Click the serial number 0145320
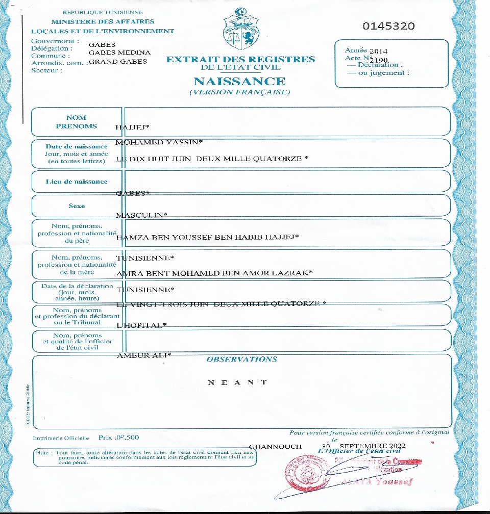coord(388,27)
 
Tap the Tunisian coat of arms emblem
coord(240,29)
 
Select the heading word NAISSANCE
coord(239,81)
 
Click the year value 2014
coord(378,51)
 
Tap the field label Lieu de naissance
coord(77,182)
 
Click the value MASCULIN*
coord(142,215)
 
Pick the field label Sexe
coord(77,206)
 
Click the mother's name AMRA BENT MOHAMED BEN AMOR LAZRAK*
coord(214,273)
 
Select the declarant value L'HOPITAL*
coord(142,325)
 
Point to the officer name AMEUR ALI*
coord(144,355)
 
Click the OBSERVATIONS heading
coord(241,359)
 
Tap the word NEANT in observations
coord(237,382)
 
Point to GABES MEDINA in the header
coord(119,53)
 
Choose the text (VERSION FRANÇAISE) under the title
coord(239,92)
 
